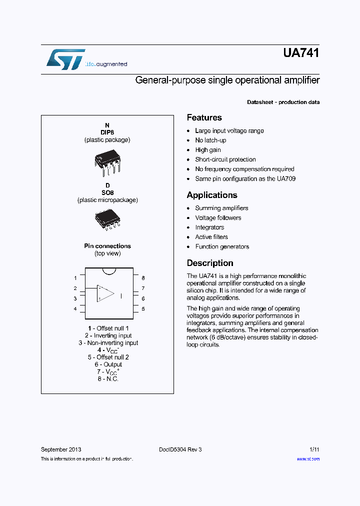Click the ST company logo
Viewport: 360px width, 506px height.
tap(65, 58)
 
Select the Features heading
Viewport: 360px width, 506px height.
tap(204, 117)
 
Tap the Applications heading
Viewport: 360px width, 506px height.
tap(212, 195)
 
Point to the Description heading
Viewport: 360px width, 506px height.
tap(210, 263)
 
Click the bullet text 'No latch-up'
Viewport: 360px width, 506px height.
tap(210, 140)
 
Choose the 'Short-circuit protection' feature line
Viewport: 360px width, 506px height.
tap(225, 159)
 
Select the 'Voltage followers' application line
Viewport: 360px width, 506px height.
tap(218, 217)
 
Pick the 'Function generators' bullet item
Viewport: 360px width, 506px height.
tap(222, 246)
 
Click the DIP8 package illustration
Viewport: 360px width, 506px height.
tap(107, 161)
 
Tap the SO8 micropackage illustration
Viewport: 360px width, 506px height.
tap(107, 219)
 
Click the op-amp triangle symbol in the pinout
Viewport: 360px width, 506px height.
tap(105, 293)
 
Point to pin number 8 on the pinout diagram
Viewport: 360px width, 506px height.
tap(143, 278)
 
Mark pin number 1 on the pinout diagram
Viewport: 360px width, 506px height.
tap(75, 278)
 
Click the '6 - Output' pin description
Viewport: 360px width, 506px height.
tap(108, 364)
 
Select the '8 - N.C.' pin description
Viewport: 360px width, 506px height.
tap(108, 379)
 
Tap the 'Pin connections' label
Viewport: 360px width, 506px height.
tap(107, 246)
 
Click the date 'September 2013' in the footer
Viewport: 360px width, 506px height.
tap(61, 449)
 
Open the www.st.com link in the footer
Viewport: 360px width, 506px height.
tap(308, 459)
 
